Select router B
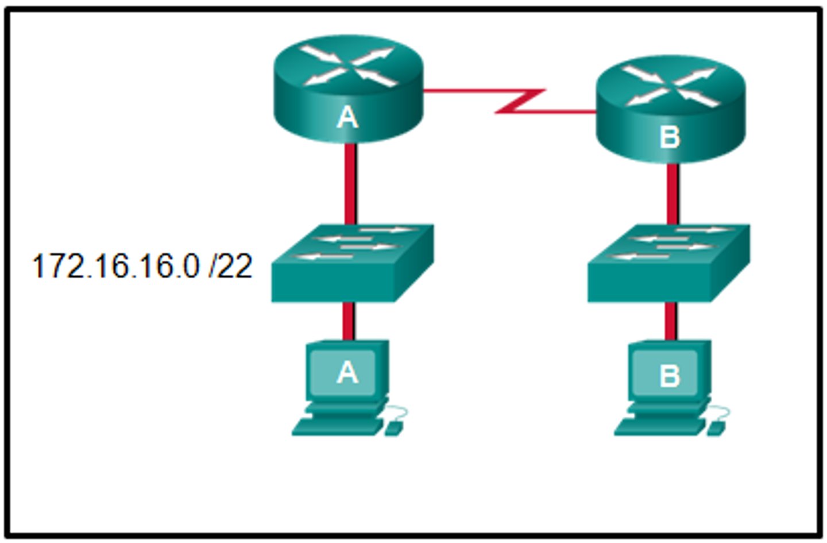pos(670,109)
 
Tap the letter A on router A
pos(347,118)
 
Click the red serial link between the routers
pos(517,101)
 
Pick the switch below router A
pos(351,264)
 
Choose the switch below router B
pos(668,264)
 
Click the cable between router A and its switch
pos(350,184)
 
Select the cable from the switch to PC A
pos(348,321)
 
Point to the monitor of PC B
pos(669,373)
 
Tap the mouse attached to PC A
pos(393,428)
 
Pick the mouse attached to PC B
pos(716,428)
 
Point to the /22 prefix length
pos(231,267)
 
